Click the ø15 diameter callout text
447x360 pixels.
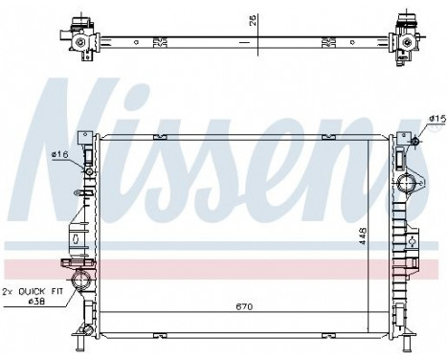pyautogui.click(x=436, y=118)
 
